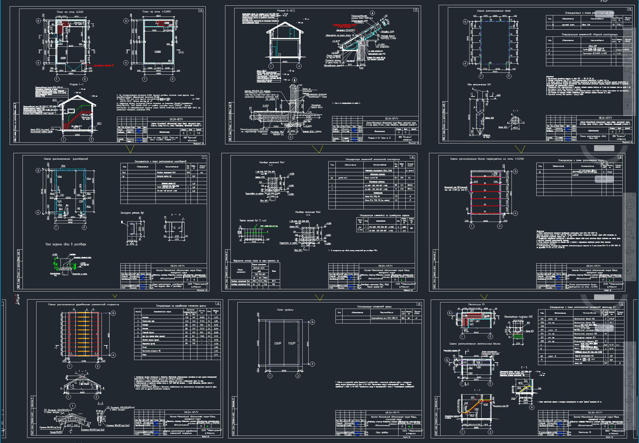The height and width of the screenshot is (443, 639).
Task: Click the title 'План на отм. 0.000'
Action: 70,12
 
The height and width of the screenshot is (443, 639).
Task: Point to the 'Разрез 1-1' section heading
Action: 76,84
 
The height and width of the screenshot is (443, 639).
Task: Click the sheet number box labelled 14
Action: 201,10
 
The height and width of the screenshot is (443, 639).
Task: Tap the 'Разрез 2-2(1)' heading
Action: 286,11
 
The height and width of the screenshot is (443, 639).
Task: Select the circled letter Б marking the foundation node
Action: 294,80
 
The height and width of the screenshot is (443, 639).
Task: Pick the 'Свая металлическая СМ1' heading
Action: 479,84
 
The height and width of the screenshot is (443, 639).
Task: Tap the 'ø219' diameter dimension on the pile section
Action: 515,128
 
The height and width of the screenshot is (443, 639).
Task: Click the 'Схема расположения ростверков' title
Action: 66,159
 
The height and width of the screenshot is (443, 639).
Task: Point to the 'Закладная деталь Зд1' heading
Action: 132,213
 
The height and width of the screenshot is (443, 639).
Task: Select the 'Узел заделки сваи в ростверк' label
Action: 66,244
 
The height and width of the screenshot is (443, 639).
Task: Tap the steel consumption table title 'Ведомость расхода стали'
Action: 256,261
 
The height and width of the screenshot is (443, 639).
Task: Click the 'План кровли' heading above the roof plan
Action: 285,310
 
